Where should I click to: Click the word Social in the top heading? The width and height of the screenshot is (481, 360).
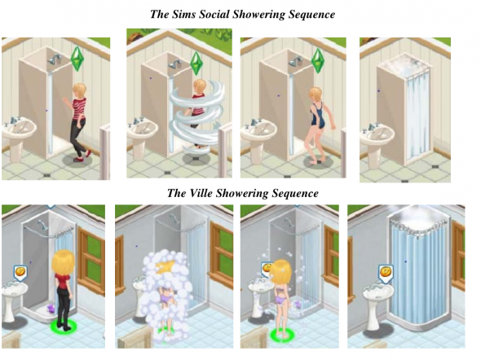214,15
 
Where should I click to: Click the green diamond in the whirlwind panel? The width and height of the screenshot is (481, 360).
196,64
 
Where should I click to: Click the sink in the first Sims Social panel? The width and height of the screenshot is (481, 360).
19,138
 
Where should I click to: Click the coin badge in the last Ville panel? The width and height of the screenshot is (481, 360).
386,274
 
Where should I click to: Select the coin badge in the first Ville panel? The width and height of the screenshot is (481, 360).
21,274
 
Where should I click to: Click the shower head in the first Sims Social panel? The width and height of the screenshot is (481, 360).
54,59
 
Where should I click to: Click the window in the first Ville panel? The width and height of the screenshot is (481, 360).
90,261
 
